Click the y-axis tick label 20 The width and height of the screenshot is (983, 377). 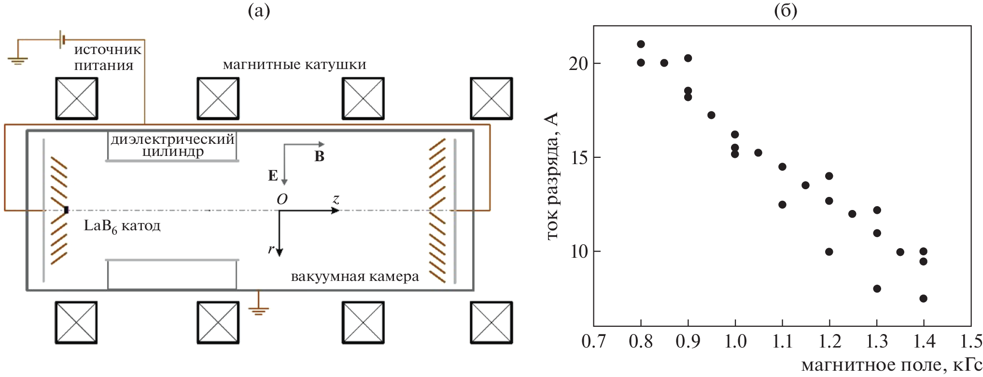point(578,63)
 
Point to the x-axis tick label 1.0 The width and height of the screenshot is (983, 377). point(735,341)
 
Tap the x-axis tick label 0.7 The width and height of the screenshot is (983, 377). point(593,341)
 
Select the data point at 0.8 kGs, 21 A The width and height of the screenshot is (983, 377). point(641,44)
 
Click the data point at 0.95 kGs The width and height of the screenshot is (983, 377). point(711,115)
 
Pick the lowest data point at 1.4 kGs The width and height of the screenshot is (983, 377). point(923,298)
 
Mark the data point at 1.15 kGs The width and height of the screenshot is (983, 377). point(805,185)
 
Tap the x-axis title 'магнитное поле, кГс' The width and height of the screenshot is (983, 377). point(891,365)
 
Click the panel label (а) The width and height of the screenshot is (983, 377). point(259,10)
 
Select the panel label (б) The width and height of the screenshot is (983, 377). point(786,10)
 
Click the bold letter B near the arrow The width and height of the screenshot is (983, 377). point(319,156)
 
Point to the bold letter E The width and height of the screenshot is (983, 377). point(273,176)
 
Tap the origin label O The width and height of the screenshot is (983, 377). point(282,199)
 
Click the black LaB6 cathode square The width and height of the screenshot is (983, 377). point(66,210)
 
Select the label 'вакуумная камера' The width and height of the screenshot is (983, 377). point(355,277)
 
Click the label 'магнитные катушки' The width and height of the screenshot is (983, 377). point(295,65)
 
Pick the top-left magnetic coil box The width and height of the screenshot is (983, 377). point(77,99)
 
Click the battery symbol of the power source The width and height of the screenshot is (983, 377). point(62,40)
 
